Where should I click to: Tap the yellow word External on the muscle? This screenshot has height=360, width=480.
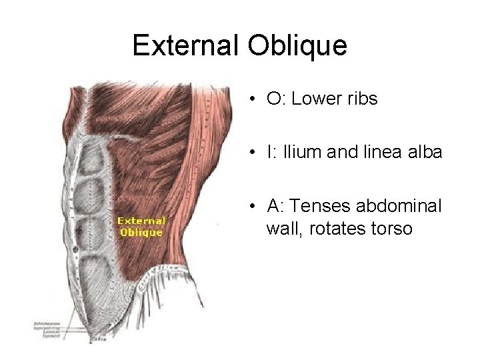point(141,220)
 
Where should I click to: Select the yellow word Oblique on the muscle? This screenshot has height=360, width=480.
point(141,232)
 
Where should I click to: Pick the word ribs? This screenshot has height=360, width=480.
point(363,100)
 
